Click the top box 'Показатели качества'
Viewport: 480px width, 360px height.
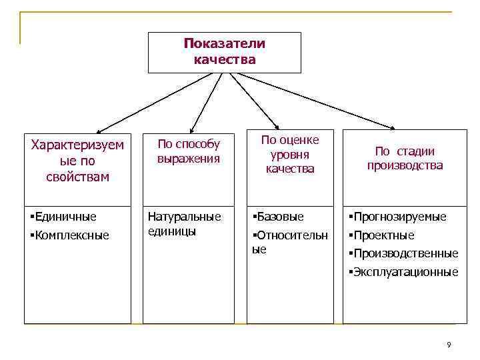pos(224,52)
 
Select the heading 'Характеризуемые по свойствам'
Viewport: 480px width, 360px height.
pos(77,161)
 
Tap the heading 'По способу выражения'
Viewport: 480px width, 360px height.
pos(189,151)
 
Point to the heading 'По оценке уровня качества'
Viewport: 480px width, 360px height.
pos(290,154)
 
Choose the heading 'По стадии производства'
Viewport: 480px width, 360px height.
pos(405,159)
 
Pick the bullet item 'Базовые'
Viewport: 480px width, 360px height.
pos(279,216)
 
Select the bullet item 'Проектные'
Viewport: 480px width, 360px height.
pos(383,235)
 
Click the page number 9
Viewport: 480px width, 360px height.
pos(449,345)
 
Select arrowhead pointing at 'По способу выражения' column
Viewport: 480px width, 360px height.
pos(192,129)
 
